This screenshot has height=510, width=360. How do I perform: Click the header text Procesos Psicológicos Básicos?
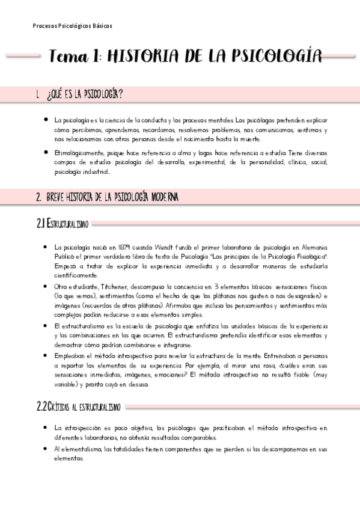(73, 26)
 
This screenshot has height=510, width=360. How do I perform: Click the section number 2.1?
(41, 224)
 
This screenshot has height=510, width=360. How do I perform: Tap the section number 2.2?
(42, 407)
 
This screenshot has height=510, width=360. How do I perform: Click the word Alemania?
(313, 247)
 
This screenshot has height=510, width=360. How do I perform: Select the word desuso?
(137, 385)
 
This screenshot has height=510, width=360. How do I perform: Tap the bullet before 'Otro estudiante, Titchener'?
(46, 286)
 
